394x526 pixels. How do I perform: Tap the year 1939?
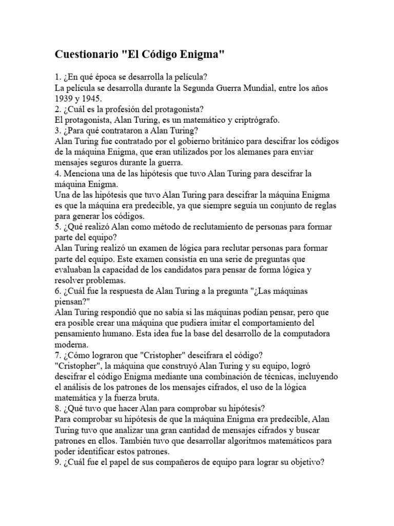(65, 98)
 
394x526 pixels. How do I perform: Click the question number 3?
(57, 130)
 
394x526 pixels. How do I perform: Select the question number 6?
(57, 291)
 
